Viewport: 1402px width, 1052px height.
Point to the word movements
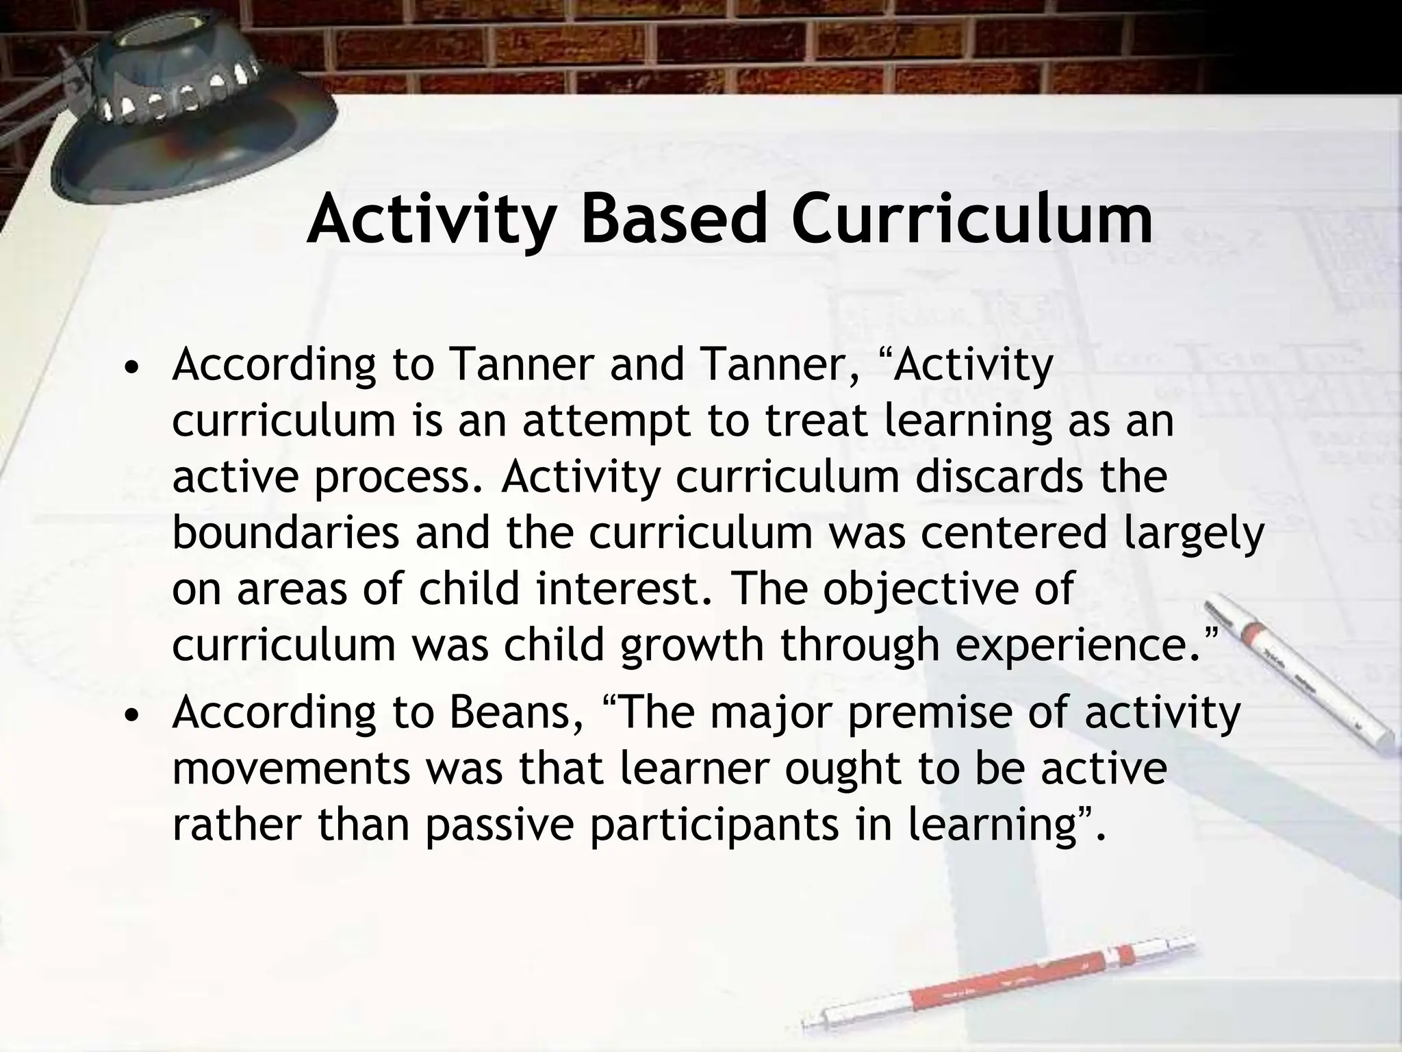point(291,770)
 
